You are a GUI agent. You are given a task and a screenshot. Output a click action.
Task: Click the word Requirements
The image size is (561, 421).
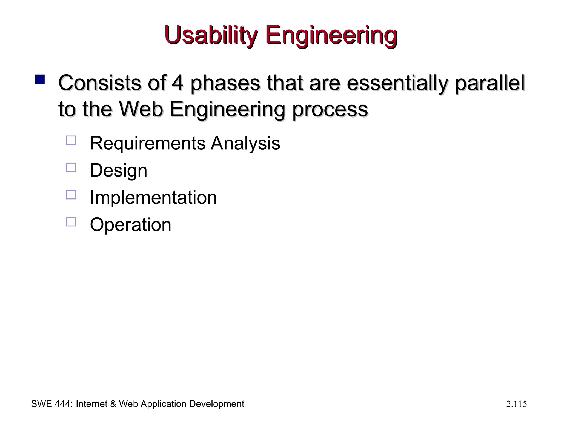click(x=147, y=143)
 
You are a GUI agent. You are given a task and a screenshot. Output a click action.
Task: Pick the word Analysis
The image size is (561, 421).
click(x=245, y=143)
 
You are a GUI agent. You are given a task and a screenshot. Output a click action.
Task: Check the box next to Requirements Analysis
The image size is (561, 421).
click(x=71, y=141)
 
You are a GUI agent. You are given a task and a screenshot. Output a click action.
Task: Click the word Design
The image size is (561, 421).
click(x=118, y=170)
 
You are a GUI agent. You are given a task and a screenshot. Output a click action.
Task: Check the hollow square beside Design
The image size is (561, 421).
click(x=71, y=167)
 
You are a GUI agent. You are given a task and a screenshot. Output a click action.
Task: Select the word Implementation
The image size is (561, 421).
click(x=153, y=197)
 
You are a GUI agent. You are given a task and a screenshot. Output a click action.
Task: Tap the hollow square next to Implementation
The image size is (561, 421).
click(x=71, y=195)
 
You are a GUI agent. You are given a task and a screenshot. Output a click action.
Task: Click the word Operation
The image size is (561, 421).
click(x=130, y=225)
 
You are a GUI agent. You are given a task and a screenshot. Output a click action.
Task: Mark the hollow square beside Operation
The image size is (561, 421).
click(x=71, y=222)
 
